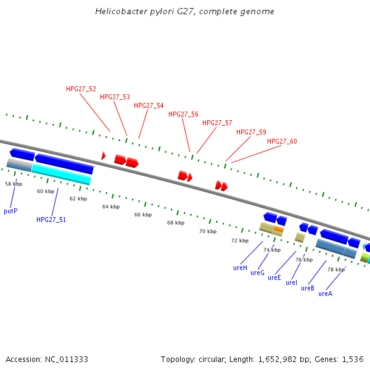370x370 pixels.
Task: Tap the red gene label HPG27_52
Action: (81, 89)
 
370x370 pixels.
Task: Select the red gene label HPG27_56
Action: (183, 114)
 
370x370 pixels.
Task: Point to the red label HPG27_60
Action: (282, 142)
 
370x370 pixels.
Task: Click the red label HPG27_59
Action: (251, 132)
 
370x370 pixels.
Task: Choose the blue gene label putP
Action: (10, 211)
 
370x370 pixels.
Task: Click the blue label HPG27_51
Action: (51, 220)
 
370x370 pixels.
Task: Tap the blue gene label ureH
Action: (240, 268)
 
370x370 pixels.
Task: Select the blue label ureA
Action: (325, 294)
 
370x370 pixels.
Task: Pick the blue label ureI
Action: (291, 282)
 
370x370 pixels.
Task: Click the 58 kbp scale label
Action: (14, 184)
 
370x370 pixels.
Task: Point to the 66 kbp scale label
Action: (142, 215)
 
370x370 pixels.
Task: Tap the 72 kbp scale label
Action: (239, 240)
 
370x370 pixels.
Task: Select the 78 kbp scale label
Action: (335, 269)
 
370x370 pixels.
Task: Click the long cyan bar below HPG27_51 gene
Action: (62, 174)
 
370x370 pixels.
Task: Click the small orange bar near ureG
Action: (278, 229)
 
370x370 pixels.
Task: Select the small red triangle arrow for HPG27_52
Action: (103, 156)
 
